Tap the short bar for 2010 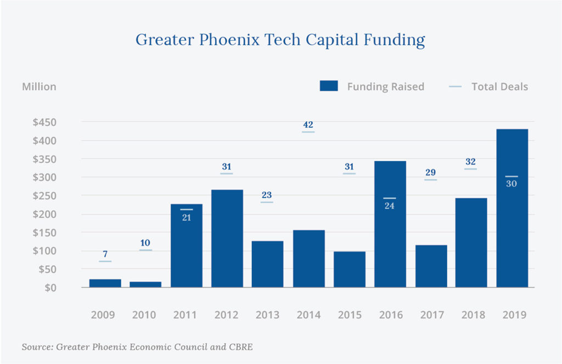(x=146, y=284)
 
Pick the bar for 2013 (x=268, y=264)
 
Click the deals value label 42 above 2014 (x=308, y=125)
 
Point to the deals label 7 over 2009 (x=105, y=255)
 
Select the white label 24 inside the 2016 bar (x=390, y=206)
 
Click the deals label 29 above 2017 (x=431, y=172)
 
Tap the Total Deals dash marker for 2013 (x=267, y=203)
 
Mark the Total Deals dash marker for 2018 (x=470, y=169)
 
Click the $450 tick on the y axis (x=43, y=122)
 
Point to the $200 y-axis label (x=43, y=214)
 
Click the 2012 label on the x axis (x=227, y=315)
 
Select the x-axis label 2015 (x=350, y=315)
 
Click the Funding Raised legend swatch (x=328, y=86)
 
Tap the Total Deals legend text (x=499, y=86)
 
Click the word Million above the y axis (x=39, y=86)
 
